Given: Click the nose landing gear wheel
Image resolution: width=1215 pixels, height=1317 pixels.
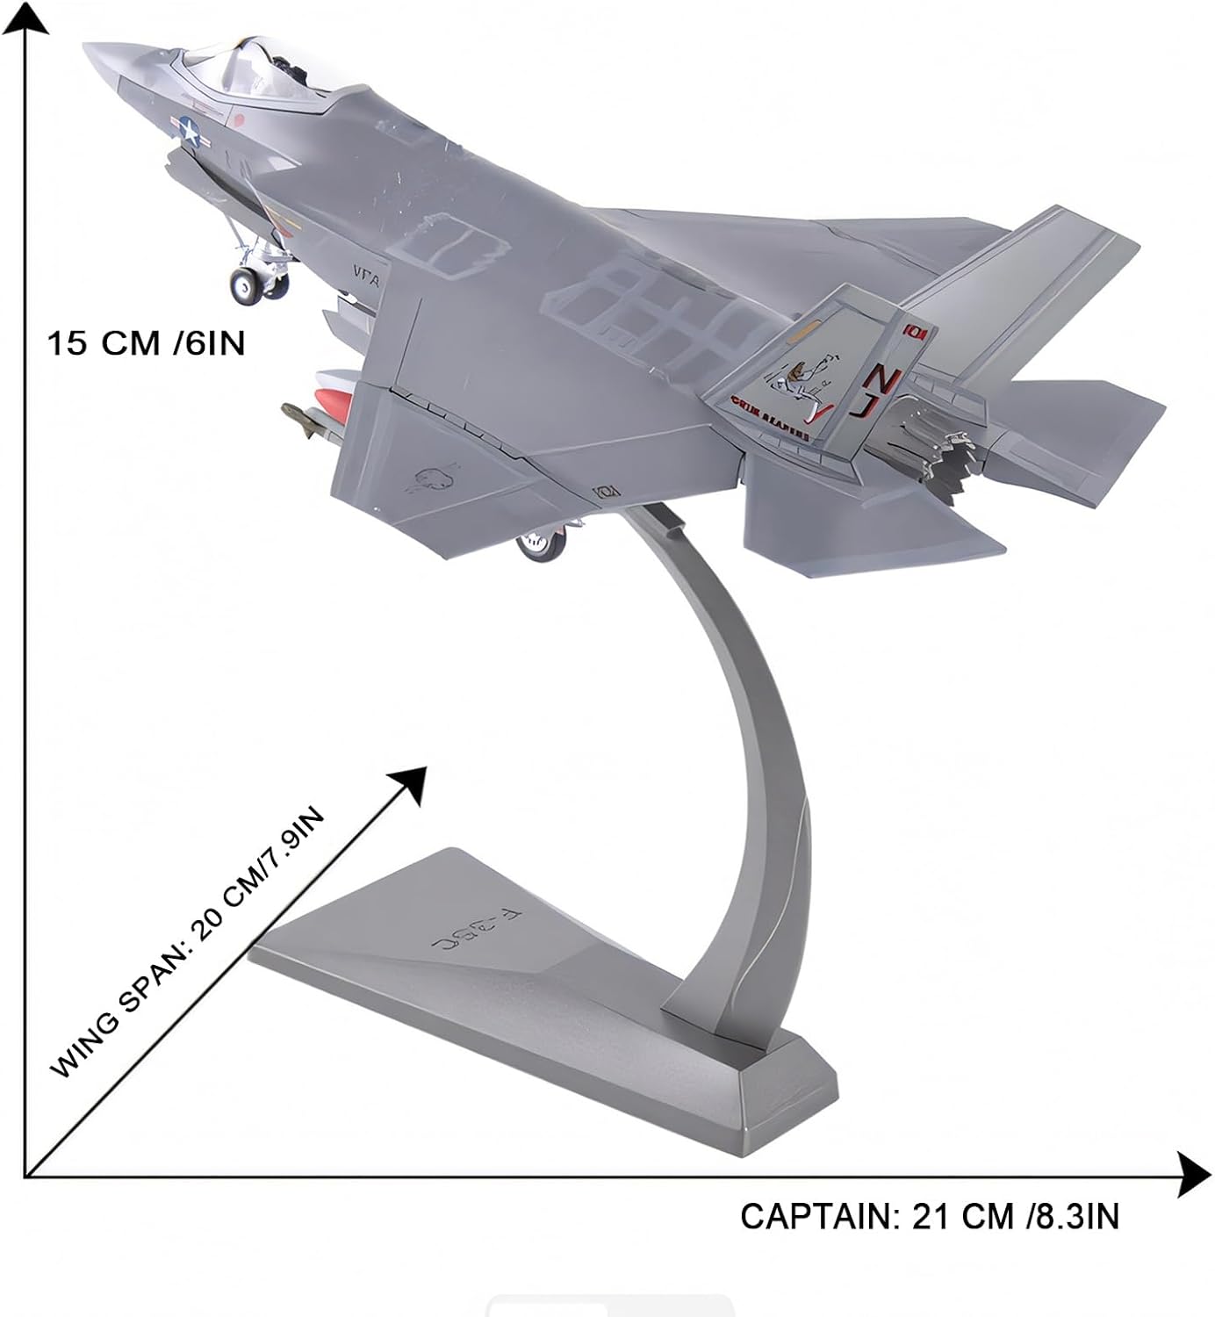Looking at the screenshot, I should pos(246,285).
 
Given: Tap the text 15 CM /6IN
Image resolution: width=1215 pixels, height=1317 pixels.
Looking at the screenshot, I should pos(146,342).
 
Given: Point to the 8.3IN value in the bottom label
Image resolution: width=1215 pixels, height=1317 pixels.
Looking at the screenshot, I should pos(1076,1217).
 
